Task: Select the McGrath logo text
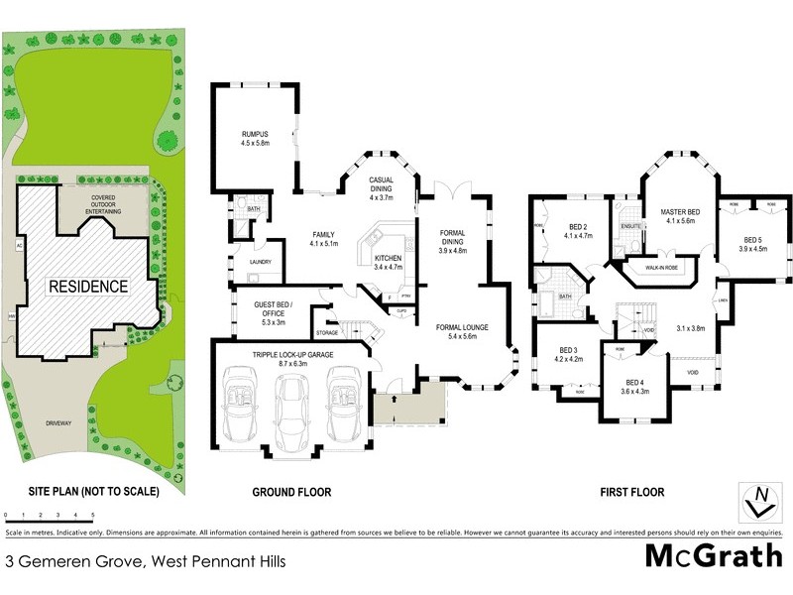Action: pos(714,555)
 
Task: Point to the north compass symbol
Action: pos(759,502)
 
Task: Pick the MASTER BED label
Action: pos(681,211)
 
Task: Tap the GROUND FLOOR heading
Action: pos(291,492)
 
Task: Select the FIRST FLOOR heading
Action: pos(631,492)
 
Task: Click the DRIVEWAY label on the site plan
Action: pos(58,423)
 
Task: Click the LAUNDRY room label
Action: pos(261,262)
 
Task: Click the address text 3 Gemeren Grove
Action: pos(146,561)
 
